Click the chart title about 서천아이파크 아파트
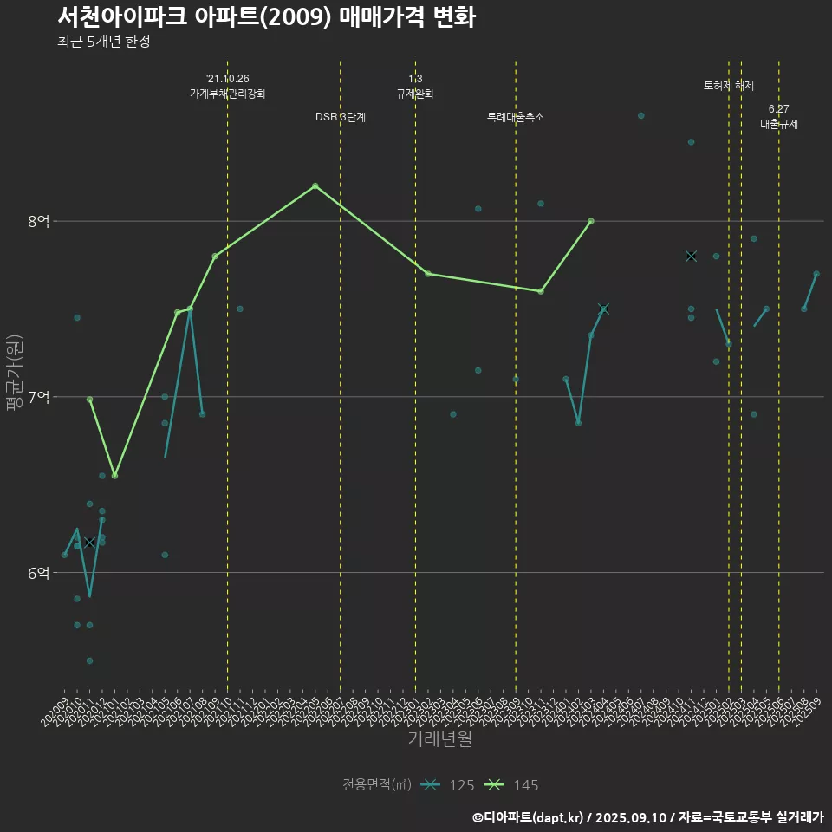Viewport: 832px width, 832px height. [266, 17]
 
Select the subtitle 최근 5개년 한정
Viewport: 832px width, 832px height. [104, 42]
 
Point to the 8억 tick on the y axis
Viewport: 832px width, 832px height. [39, 221]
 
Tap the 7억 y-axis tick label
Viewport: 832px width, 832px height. [39, 397]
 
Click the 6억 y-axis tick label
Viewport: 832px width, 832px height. [39, 573]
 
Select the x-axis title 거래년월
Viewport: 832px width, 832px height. [440, 739]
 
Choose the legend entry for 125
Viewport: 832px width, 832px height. [447, 785]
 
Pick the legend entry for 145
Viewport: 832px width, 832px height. [511, 785]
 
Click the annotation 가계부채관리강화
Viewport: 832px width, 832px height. [228, 94]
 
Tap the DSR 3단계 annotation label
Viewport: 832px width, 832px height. [341, 117]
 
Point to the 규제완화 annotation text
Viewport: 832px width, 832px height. [415, 94]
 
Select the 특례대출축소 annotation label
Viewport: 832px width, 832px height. [516, 117]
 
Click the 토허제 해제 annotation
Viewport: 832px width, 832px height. [729, 86]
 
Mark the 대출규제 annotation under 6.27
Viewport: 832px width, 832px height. [779, 124]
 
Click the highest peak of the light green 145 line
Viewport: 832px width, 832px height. [315, 185]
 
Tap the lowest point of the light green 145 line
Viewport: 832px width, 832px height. [114, 476]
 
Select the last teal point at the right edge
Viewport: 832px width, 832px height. [816, 274]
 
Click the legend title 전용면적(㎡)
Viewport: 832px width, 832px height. [377, 785]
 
